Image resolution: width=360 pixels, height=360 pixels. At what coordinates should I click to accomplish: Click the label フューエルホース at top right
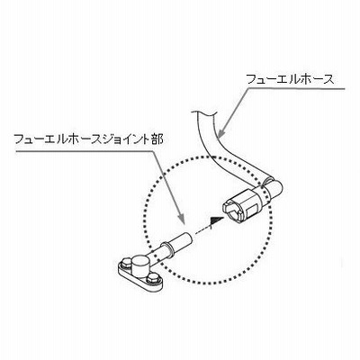point(290,79)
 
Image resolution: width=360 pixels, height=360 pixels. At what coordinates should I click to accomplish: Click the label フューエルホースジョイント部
point(89,139)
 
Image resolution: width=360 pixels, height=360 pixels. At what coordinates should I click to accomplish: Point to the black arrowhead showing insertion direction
point(216,220)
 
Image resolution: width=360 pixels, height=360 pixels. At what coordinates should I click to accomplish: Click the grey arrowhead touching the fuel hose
point(220,133)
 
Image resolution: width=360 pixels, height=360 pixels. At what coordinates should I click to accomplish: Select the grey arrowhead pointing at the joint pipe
point(181,217)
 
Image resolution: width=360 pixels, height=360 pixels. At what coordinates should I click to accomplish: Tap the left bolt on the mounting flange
point(125,264)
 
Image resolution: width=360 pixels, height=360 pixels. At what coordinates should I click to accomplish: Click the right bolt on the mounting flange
point(153,278)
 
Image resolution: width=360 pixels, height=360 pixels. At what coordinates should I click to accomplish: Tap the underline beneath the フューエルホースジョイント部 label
point(85,150)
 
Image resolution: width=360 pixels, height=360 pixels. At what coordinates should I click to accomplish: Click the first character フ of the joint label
point(19,139)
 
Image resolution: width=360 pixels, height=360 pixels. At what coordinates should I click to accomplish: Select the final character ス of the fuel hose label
point(328,79)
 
